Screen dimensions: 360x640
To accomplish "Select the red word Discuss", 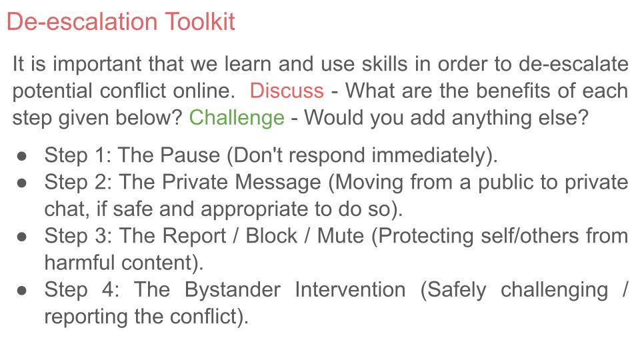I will (x=287, y=91).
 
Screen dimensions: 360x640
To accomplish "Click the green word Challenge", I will (x=237, y=118).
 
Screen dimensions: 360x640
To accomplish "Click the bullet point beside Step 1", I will (x=22, y=156).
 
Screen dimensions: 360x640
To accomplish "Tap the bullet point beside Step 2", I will (x=22, y=183).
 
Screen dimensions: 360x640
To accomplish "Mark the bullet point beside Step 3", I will (x=22, y=236).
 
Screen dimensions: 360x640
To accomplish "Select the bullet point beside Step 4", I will (x=22, y=290).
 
